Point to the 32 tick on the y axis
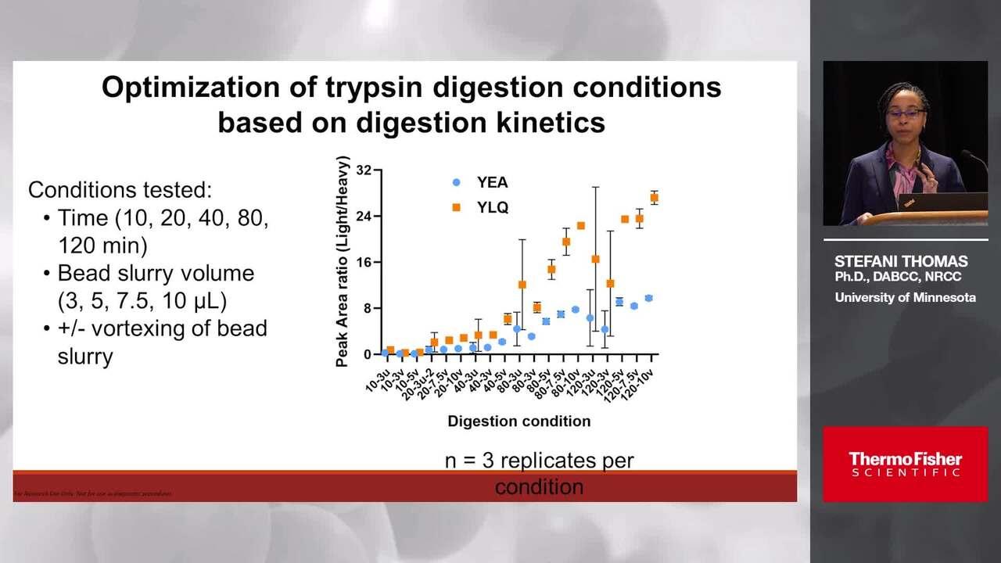pyautogui.click(x=364, y=170)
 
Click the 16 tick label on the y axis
pyautogui.click(x=364, y=262)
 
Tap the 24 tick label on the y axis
pyautogui.click(x=364, y=216)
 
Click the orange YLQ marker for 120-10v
pyautogui.click(x=655, y=198)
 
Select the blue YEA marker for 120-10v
pyautogui.click(x=648, y=298)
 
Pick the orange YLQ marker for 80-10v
pyautogui.click(x=580, y=226)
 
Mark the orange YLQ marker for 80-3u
pyautogui.click(x=522, y=285)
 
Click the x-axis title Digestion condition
pyautogui.click(x=518, y=421)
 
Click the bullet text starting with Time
pyautogui.click(x=163, y=231)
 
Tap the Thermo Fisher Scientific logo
pyautogui.click(x=905, y=464)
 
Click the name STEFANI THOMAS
pyautogui.click(x=901, y=261)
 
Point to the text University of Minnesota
pyautogui.click(x=905, y=297)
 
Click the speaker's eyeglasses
pyautogui.click(x=904, y=114)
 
